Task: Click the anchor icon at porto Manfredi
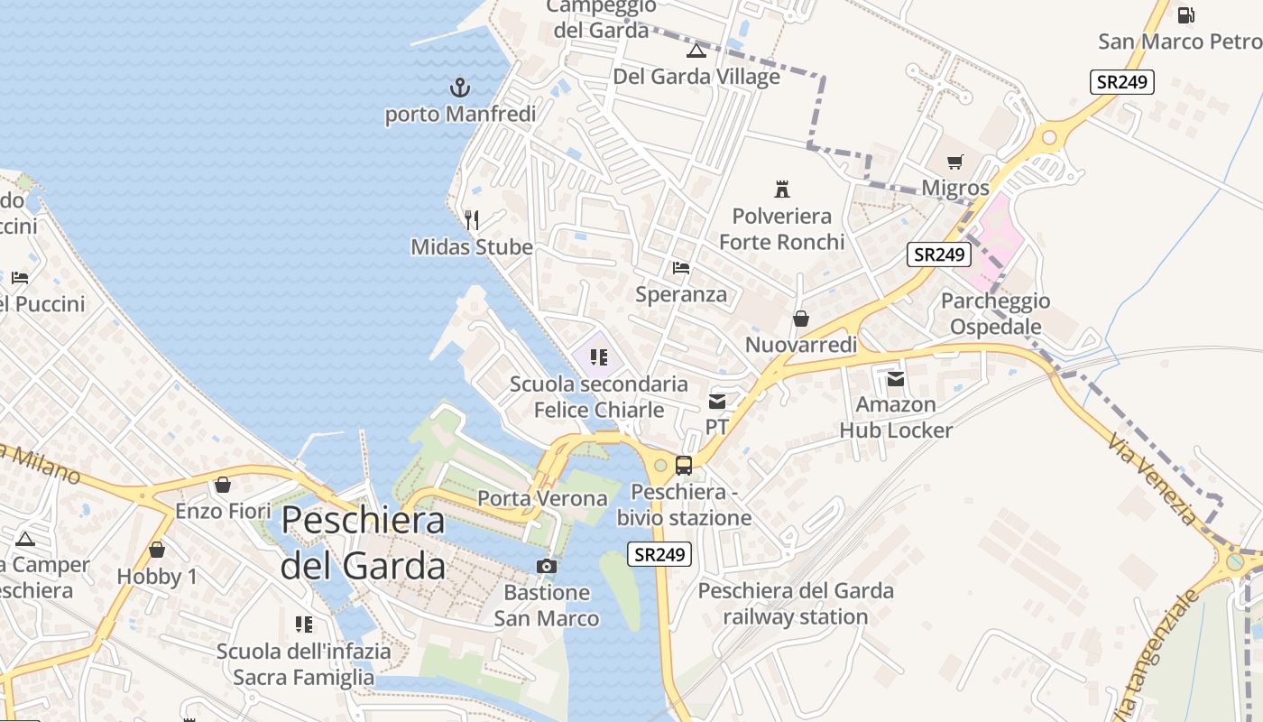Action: (x=460, y=88)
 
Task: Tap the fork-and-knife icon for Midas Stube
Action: (x=471, y=219)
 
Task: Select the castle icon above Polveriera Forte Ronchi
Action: (x=782, y=190)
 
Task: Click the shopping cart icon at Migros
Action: (x=955, y=162)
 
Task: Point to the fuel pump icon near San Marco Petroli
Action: (x=1186, y=14)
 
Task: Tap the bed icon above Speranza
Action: (x=681, y=268)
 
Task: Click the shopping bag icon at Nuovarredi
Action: (x=800, y=319)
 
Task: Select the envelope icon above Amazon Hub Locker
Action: (x=896, y=379)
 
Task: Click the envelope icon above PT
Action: (x=717, y=401)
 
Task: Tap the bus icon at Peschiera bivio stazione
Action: (x=684, y=466)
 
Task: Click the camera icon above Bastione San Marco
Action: (x=546, y=566)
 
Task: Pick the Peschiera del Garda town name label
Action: (x=363, y=542)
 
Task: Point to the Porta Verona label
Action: (x=542, y=498)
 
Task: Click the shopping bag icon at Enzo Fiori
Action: (x=222, y=486)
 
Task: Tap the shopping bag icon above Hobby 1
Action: (x=157, y=550)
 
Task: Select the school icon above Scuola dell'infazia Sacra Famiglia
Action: (x=304, y=625)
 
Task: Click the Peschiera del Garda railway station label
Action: (x=796, y=604)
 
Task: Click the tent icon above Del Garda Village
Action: (x=696, y=51)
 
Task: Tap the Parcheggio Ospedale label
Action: (x=995, y=313)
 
